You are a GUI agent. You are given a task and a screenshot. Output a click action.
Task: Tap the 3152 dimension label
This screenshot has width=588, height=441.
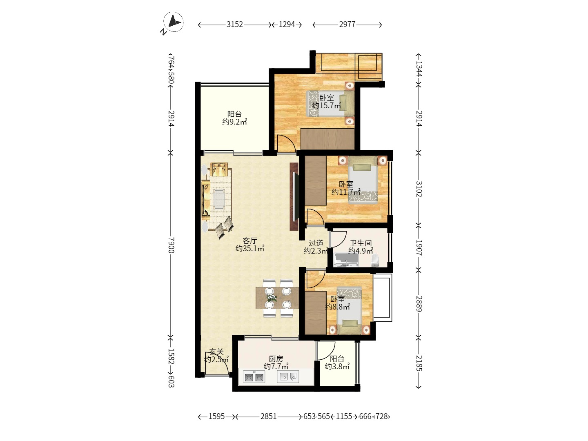[x=235, y=24]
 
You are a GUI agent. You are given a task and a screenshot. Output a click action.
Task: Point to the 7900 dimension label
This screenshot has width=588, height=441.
[x=171, y=245]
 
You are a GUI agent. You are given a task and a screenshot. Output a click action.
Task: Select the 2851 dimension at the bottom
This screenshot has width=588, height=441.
[x=268, y=416]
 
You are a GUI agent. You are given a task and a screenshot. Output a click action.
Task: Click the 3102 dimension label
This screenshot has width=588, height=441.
[x=419, y=189]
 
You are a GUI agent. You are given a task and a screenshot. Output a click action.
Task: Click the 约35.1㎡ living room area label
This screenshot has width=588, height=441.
[x=250, y=248]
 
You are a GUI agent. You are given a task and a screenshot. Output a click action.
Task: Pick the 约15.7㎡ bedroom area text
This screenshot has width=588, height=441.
[x=327, y=105]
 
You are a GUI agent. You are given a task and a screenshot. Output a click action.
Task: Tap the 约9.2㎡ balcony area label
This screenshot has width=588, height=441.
[x=234, y=122]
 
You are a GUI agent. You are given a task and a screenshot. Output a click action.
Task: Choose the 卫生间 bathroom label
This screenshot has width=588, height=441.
[x=361, y=243]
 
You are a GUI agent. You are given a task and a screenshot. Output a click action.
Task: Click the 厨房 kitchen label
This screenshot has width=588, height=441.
[x=276, y=359]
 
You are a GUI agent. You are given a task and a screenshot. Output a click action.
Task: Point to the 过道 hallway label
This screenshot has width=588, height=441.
[x=316, y=243]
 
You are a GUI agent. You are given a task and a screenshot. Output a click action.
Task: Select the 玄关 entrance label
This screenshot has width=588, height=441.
[x=216, y=352]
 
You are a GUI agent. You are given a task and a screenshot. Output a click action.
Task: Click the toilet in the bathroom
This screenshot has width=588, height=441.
[x=375, y=260]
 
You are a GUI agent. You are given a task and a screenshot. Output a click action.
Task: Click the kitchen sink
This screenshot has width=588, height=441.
[x=288, y=377]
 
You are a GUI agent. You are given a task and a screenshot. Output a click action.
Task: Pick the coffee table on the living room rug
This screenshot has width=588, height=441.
[x=219, y=199]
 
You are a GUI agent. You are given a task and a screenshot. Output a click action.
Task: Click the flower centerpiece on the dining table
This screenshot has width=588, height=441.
[x=272, y=298]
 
